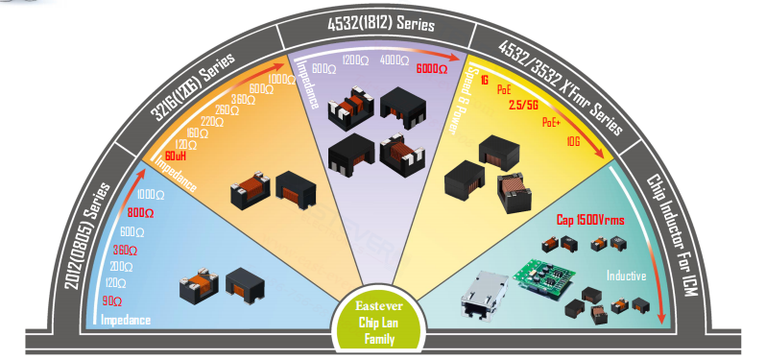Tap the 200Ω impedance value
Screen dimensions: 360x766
tap(121, 266)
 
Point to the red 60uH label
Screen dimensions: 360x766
tap(176, 156)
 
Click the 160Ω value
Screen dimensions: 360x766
tap(199, 133)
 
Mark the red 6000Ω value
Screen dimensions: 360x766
tap(431, 69)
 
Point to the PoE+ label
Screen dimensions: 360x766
tap(552, 123)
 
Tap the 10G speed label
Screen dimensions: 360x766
tap(573, 140)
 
